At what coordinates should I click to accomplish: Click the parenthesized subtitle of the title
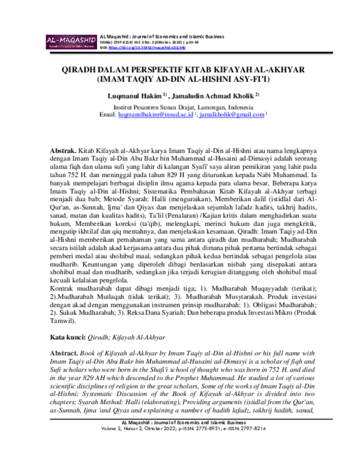coord(179,79)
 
